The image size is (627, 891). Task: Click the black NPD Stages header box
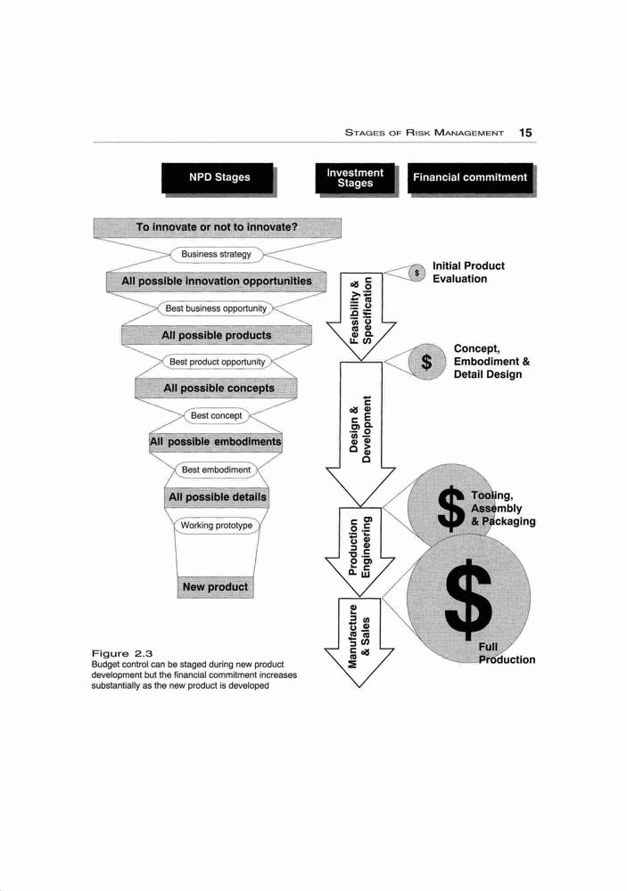point(219,179)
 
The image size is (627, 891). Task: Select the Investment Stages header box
point(356,179)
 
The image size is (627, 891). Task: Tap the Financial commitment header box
point(472,179)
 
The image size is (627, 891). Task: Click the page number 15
point(525,133)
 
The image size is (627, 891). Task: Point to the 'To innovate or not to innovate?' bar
point(218,227)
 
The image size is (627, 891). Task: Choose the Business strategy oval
point(216,255)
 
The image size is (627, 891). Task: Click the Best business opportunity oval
point(216,308)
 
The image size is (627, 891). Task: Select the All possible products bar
point(216,335)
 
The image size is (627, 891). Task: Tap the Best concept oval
point(216,416)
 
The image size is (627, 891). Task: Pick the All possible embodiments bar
point(216,442)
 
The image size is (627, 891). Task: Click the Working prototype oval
point(216,526)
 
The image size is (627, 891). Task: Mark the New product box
point(215,587)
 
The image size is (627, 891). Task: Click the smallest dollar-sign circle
point(417,274)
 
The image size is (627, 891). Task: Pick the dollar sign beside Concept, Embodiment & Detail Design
point(426,362)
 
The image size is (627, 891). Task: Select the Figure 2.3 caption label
point(122,654)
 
